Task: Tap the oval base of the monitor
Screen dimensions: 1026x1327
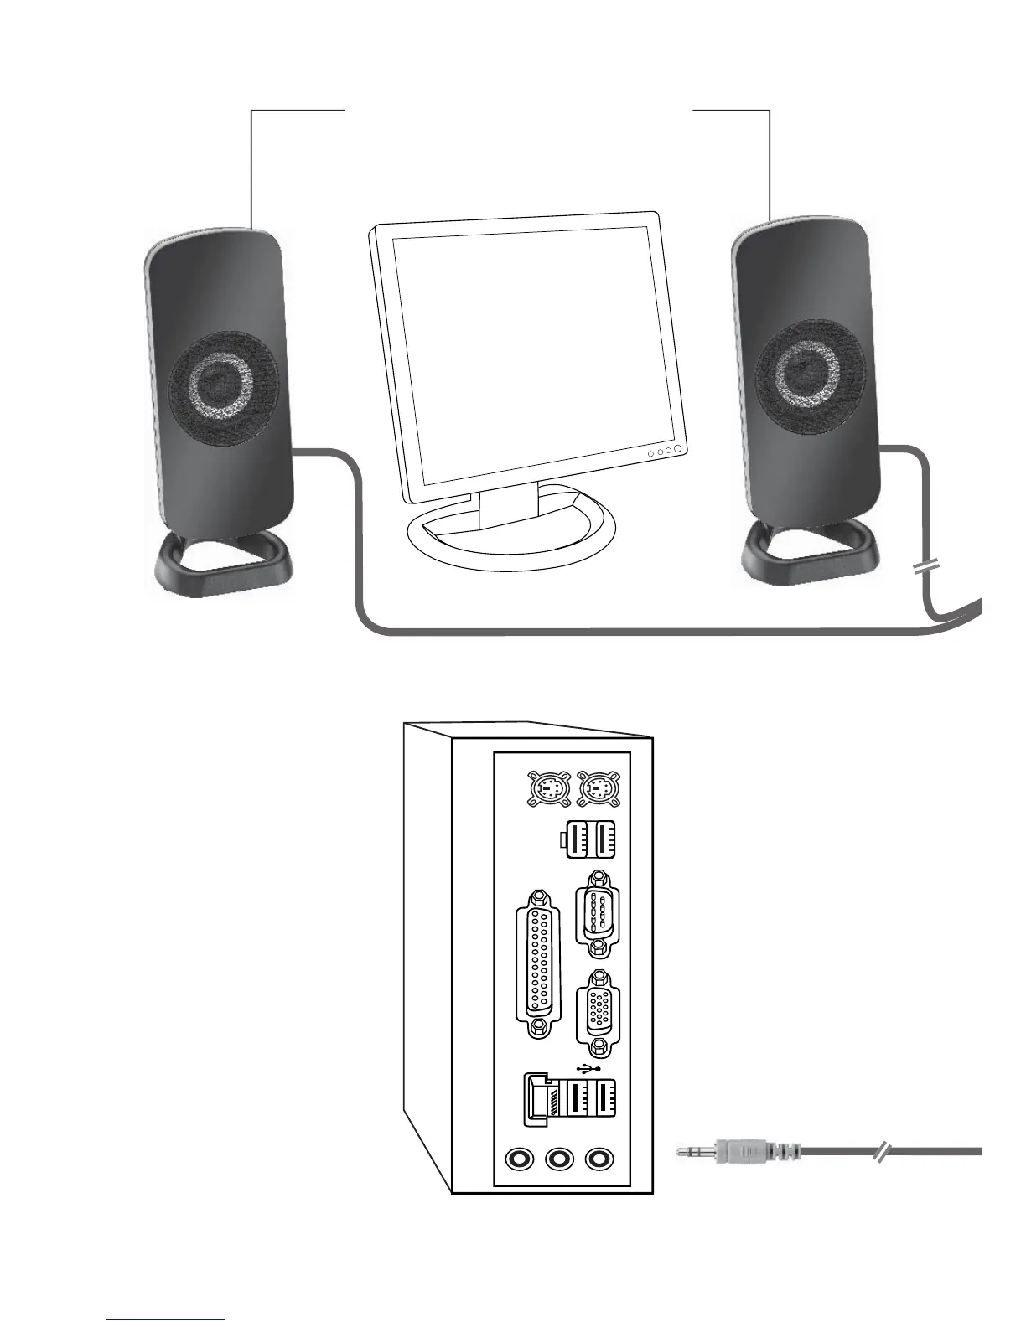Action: (511, 536)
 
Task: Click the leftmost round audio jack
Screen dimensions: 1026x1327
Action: (520, 1159)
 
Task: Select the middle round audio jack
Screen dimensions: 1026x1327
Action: (558, 1159)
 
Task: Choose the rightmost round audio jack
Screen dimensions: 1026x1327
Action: (598, 1159)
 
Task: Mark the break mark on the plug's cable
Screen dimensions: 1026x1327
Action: (881, 1153)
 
